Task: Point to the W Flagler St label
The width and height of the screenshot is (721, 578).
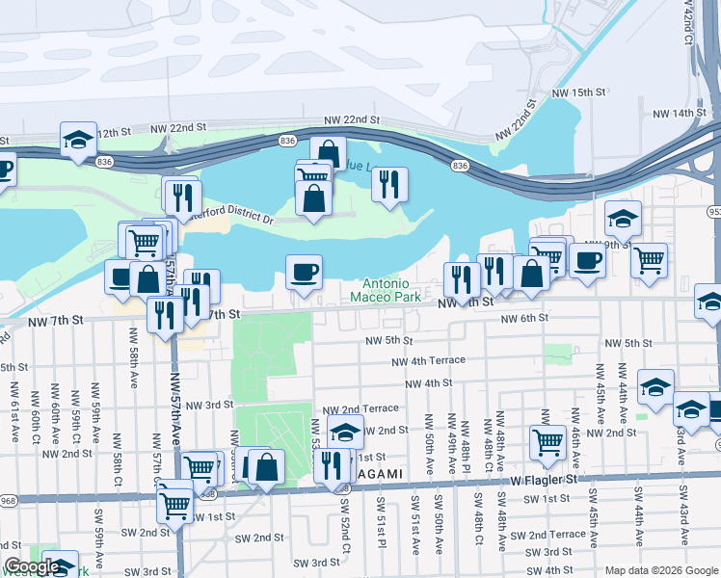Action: (x=543, y=478)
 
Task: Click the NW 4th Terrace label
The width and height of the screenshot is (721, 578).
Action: (x=428, y=360)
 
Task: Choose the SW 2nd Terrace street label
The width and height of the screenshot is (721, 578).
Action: (x=547, y=535)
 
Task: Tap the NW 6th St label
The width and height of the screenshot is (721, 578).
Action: (x=523, y=318)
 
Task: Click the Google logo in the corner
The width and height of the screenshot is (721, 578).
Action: (x=32, y=567)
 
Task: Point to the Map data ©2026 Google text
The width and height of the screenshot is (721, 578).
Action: (x=660, y=570)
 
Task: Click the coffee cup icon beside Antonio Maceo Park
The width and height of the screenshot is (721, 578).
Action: (x=304, y=272)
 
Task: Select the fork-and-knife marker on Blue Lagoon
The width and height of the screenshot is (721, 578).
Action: (x=389, y=184)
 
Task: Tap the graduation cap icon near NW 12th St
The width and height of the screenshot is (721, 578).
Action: (x=78, y=139)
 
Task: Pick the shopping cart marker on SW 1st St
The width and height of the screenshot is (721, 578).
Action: (x=174, y=502)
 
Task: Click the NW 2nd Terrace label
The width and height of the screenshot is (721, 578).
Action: (x=360, y=409)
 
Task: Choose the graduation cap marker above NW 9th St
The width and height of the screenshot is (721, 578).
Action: (x=623, y=218)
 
